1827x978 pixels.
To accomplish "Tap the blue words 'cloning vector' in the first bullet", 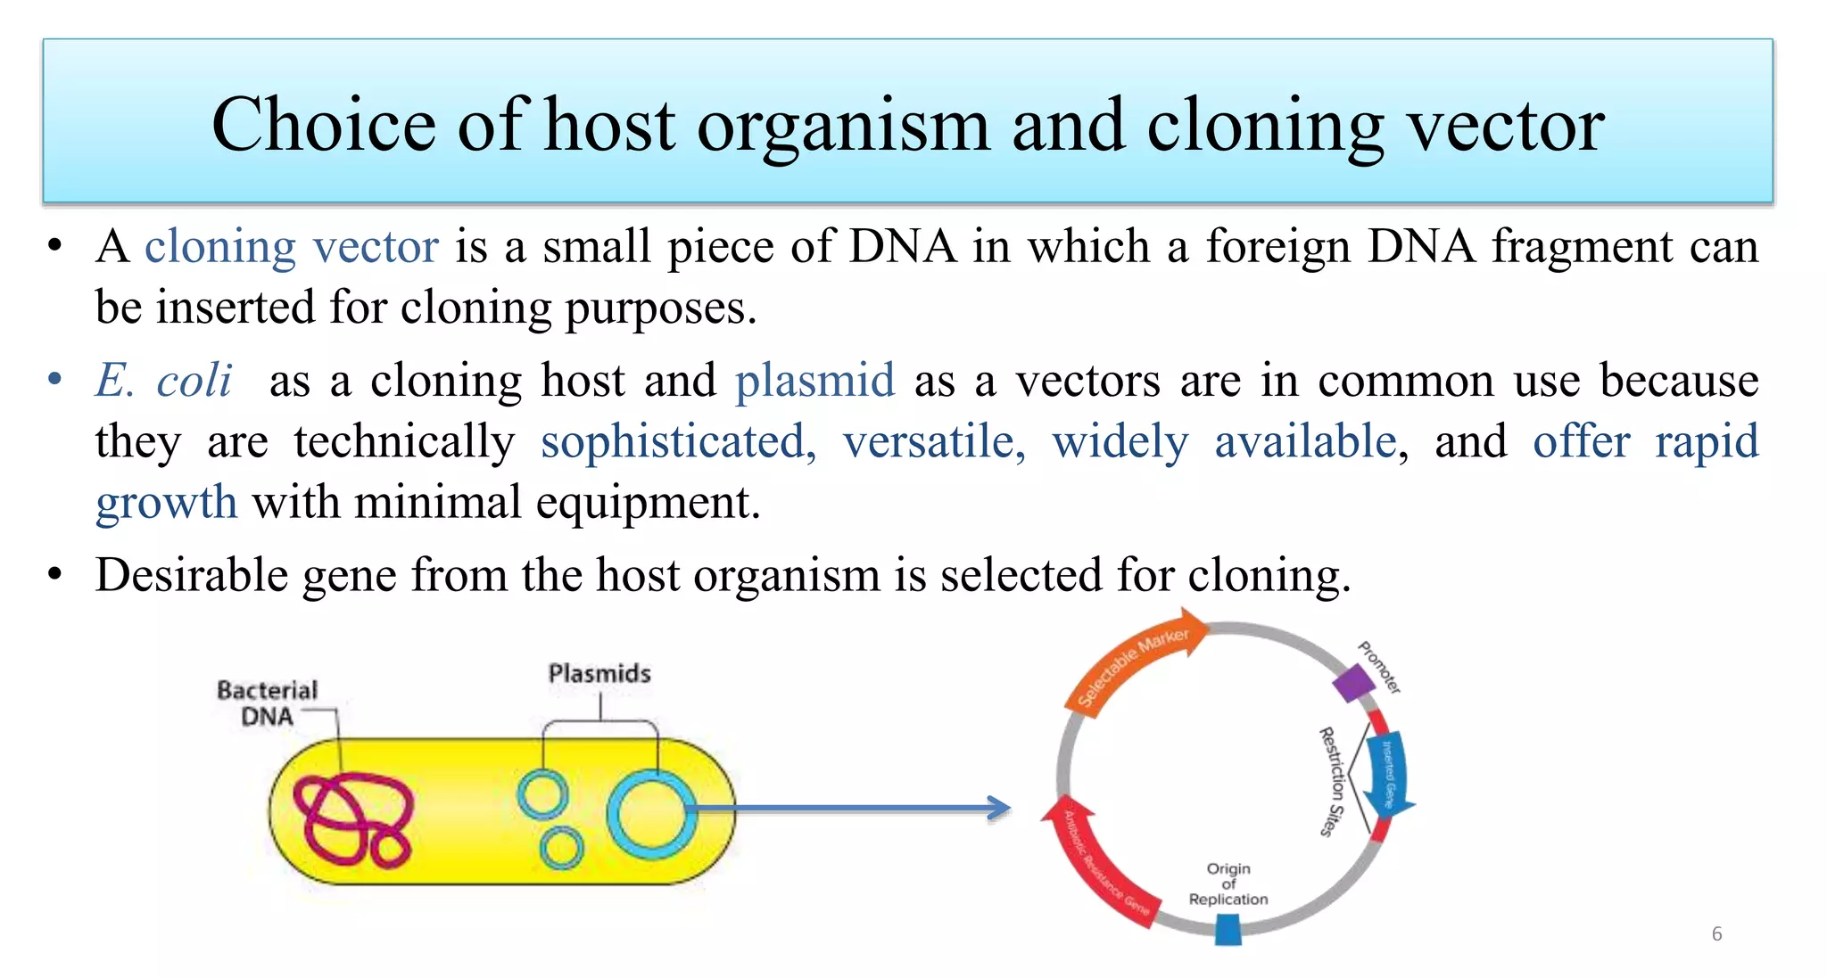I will (x=292, y=247).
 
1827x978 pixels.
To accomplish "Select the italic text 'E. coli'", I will (x=164, y=381).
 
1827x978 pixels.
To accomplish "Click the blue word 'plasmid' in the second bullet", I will (x=814, y=381).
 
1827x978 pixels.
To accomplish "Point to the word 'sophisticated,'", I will (x=678, y=442).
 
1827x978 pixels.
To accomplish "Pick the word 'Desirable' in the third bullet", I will (x=191, y=575).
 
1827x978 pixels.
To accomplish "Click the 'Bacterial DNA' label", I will (x=267, y=703).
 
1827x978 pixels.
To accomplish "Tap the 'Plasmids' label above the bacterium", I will (x=599, y=673).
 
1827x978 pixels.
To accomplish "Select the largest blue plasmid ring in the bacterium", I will (x=651, y=815).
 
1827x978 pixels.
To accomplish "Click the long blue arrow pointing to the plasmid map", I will (x=847, y=809).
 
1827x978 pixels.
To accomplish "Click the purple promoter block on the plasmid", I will (x=1353, y=685).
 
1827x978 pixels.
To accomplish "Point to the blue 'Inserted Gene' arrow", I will (x=1390, y=772).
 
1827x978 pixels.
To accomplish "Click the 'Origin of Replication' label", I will (x=1228, y=883).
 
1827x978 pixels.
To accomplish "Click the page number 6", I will (x=1716, y=933).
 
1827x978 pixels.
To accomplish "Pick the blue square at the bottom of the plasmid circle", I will (x=1228, y=930).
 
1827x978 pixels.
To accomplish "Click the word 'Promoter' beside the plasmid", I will (x=1380, y=667).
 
